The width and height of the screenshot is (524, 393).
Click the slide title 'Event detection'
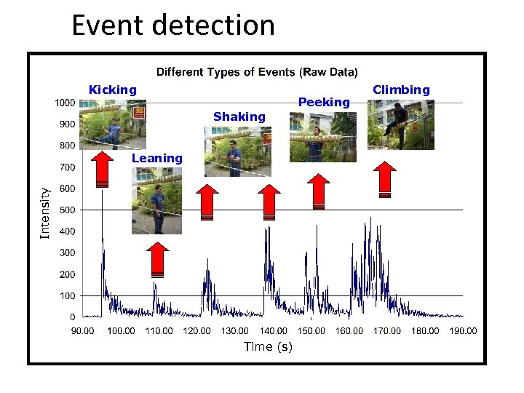[173, 25]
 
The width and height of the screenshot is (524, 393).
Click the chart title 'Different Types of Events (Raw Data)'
[257, 72]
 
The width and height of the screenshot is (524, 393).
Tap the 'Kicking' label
[112, 90]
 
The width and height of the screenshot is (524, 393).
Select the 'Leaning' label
[157, 158]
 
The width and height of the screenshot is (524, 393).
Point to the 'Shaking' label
[239, 116]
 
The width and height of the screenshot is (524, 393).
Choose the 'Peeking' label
[325, 103]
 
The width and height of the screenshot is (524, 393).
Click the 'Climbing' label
[401, 90]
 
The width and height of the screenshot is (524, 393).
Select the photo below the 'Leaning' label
[156, 200]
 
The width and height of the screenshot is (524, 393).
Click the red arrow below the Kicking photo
[103, 169]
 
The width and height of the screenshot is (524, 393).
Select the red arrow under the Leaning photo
[157, 259]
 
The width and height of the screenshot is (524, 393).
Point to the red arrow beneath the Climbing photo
[385, 179]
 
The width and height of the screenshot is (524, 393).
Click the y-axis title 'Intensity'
[45, 213]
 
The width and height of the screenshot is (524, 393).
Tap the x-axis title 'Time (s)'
[268, 346]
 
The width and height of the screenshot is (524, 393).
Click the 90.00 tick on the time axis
[82, 331]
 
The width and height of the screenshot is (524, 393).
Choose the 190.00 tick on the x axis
[463, 331]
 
